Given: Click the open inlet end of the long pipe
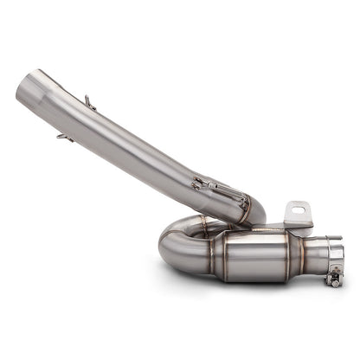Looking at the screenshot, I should (26, 87).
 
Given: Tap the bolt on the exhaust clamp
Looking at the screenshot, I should (333, 278).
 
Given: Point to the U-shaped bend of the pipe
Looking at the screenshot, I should (178, 247).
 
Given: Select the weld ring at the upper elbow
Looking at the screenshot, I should (246, 208).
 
